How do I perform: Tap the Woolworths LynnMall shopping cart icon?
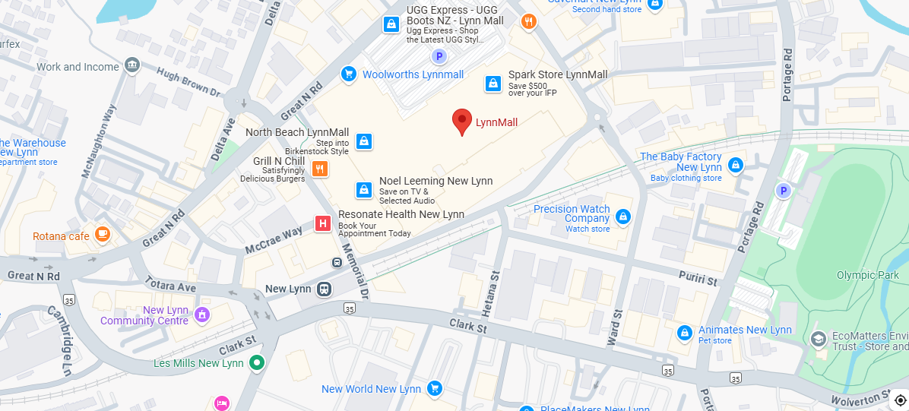349,74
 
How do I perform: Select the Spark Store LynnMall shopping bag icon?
493,84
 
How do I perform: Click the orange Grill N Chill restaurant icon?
320,169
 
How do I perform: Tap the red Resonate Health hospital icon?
323,223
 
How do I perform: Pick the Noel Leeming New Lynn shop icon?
364,190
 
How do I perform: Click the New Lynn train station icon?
325,289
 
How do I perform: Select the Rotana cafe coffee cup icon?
102,236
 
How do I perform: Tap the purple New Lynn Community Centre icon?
202,315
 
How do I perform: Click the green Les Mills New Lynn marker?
257,363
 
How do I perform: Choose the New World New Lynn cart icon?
435,389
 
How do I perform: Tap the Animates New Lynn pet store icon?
685,333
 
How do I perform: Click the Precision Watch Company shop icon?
623,218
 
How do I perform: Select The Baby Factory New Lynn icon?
735,165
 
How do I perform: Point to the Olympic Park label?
867,275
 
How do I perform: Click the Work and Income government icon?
133,66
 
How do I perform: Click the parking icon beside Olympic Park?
783,190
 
